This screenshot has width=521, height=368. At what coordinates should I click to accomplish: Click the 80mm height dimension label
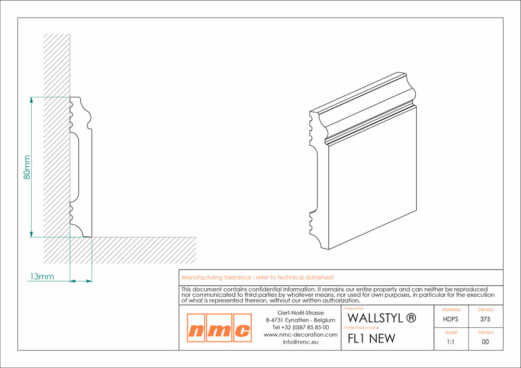click(x=27, y=167)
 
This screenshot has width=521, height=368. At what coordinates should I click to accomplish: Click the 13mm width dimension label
click(x=42, y=276)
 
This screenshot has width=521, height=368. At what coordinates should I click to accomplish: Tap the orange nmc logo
click(x=219, y=328)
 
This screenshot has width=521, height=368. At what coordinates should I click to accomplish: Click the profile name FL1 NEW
click(x=371, y=338)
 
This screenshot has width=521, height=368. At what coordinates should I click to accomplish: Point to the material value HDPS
click(x=451, y=319)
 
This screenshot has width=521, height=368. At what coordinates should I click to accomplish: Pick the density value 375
click(x=485, y=319)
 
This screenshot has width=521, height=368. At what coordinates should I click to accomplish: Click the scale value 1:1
click(x=451, y=342)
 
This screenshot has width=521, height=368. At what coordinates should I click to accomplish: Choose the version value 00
click(x=485, y=342)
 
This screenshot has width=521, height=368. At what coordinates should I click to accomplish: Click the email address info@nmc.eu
click(x=301, y=342)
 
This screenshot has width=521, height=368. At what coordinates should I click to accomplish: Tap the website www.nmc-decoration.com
click(x=301, y=335)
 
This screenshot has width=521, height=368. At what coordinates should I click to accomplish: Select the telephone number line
click(x=301, y=327)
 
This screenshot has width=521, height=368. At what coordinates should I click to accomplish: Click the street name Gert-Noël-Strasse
click(x=301, y=313)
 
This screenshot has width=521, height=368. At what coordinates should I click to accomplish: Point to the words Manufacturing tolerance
click(x=216, y=278)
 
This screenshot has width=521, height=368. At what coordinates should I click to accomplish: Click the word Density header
click(x=486, y=310)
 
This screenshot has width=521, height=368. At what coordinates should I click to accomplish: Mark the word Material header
click(x=451, y=310)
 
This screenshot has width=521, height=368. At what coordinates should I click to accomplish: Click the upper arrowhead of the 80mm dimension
click(x=31, y=100)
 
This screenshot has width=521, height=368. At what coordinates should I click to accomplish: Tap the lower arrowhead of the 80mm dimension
click(x=31, y=234)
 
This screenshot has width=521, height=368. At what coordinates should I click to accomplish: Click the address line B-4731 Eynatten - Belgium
click(x=301, y=320)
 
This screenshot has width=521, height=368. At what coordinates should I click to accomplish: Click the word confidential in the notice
click(x=265, y=289)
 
